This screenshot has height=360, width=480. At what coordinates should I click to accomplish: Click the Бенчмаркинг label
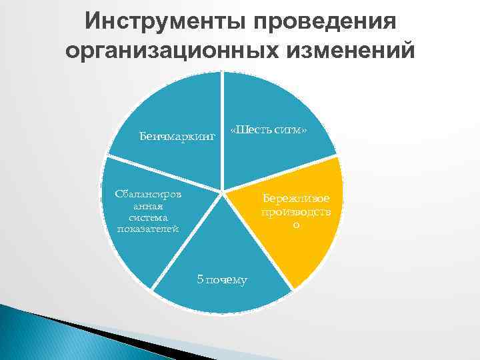pyautogui.click(x=177, y=137)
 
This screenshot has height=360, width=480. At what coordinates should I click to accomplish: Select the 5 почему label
pyautogui.click(x=222, y=279)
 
